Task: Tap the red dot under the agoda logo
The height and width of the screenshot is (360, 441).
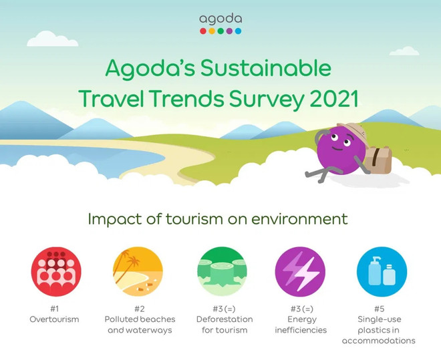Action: point(202,30)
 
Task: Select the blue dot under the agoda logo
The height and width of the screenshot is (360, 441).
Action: point(238,30)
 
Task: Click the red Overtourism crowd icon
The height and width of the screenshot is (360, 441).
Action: point(56,271)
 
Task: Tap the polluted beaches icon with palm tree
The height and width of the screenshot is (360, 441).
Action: point(138,271)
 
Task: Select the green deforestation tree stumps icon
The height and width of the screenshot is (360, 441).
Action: point(220,271)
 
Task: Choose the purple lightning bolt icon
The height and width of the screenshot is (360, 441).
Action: point(301,271)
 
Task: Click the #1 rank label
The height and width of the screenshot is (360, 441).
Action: point(56,309)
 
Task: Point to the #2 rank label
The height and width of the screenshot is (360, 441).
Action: point(138,309)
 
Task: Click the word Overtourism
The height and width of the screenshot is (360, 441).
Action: point(56,319)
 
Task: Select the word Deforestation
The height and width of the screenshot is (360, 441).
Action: point(221,319)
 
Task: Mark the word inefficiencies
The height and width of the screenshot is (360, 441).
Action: point(301,330)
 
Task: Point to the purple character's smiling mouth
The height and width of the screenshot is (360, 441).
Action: point(337,154)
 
